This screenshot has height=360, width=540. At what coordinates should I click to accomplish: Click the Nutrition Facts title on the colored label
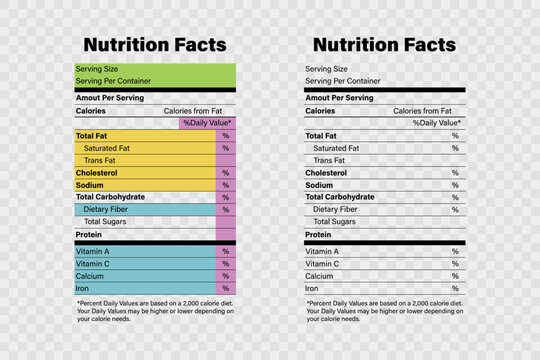coord(155,45)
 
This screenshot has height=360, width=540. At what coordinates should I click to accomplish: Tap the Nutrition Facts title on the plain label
coord(384,45)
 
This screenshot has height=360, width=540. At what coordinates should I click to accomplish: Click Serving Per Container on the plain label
coord(342,81)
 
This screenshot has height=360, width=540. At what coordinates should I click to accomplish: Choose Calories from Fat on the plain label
coord(427,111)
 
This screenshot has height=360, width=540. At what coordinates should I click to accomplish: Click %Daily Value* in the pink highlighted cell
coord(207,123)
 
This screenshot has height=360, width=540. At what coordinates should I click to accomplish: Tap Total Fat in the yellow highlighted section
coord(92,136)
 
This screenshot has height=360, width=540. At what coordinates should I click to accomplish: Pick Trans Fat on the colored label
coord(100,160)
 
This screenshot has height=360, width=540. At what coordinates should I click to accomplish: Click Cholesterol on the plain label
coord(327,172)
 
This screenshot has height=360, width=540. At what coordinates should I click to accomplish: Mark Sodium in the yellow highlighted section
coord(89,185)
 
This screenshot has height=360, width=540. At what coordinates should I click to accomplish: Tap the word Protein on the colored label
coord(90,235)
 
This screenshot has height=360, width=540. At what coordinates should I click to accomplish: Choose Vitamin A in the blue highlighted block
coord(92,251)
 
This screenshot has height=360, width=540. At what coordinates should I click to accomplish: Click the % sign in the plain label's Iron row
coord(455,288)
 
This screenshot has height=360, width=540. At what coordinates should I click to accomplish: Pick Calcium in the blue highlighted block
coord(90,276)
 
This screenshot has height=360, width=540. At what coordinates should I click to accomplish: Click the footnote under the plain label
coord(384,311)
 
